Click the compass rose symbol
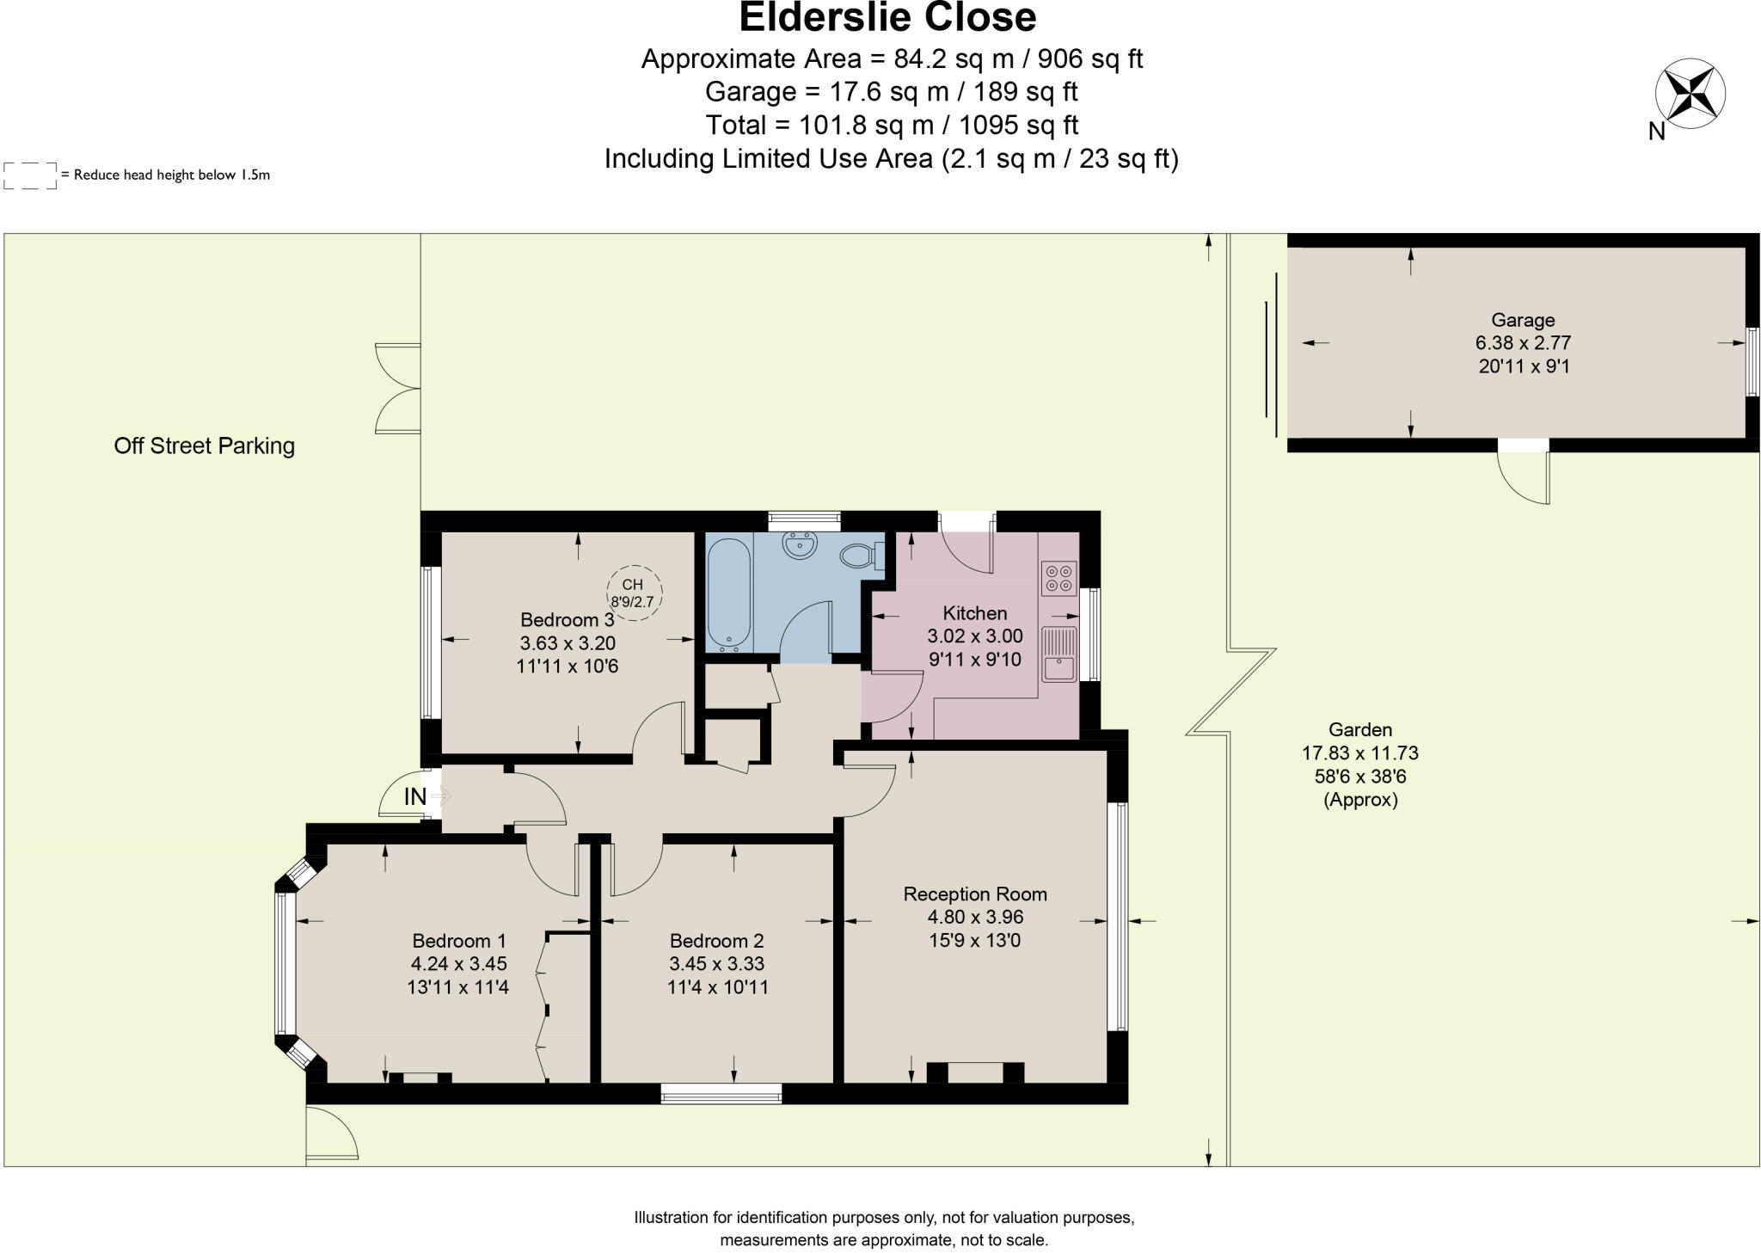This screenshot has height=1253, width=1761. [x=1690, y=94]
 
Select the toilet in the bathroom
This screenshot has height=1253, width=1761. [x=860, y=556]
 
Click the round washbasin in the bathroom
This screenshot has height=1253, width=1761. [x=800, y=544]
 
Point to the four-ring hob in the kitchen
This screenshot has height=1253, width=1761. [x=1058, y=578]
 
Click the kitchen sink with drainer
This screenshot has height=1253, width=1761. [x=1058, y=654]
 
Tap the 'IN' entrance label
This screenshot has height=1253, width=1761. [x=414, y=797]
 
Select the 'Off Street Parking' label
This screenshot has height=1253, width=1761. [x=204, y=445]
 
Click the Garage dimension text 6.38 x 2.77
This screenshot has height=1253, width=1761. [x=1523, y=342]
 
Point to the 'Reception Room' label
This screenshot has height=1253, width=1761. [x=974, y=894]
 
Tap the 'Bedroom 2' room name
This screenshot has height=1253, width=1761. [x=716, y=941]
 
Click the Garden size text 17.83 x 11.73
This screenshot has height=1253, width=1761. [x=1359, y=753]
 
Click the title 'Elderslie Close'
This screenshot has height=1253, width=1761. [x=887, y=17]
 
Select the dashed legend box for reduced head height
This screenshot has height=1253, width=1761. [x=30, y=175]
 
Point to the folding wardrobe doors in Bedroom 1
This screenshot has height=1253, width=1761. [x=542, y=1006]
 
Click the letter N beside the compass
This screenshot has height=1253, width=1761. [x=1656, y=132]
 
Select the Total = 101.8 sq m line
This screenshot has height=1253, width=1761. [x=892, y=126]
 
